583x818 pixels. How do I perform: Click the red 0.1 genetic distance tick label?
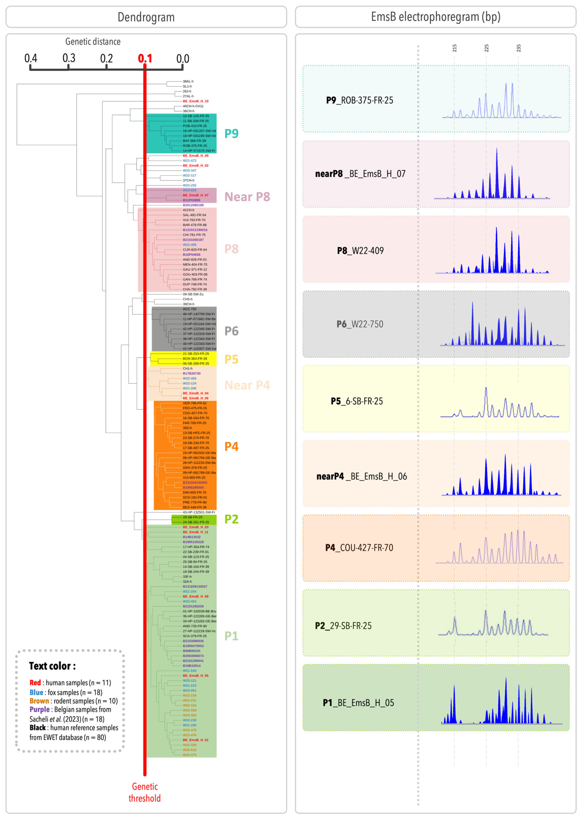[145, 59]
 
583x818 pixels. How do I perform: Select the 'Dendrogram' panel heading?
[146, 17]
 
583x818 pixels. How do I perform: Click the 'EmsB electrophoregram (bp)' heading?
[435, 17]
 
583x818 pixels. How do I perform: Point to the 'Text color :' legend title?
[52, 666]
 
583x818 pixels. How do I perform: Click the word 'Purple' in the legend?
[40, 709]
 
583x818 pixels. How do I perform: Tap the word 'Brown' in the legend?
[39, 701]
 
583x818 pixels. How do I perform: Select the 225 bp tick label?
[486, 48]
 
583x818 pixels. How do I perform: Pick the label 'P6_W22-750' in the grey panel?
[360, 324]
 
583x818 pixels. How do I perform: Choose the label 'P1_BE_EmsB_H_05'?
[358, 703]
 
